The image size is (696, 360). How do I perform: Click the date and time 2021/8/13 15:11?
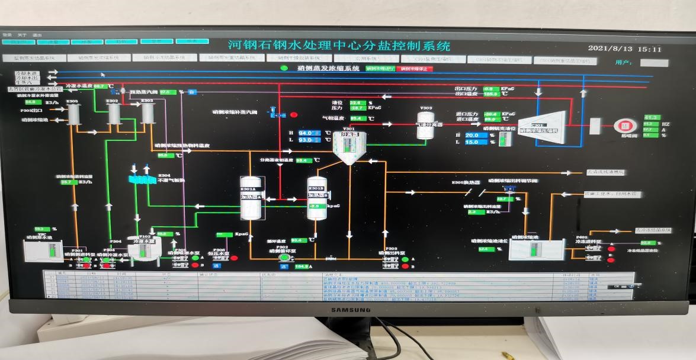coord(624,49)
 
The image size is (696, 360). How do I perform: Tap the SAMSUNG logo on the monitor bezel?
coord(347,309)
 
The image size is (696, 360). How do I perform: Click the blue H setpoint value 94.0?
coord(306,133)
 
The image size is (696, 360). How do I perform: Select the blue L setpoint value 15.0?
coord(472,142)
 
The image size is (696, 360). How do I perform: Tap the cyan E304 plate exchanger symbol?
coord(141,178)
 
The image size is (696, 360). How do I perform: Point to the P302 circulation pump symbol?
coord(284,257)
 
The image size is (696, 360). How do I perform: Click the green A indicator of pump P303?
coord(406,259)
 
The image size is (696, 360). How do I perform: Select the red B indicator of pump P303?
coord(406,266)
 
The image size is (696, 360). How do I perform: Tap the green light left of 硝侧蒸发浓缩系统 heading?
coord(284,68)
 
